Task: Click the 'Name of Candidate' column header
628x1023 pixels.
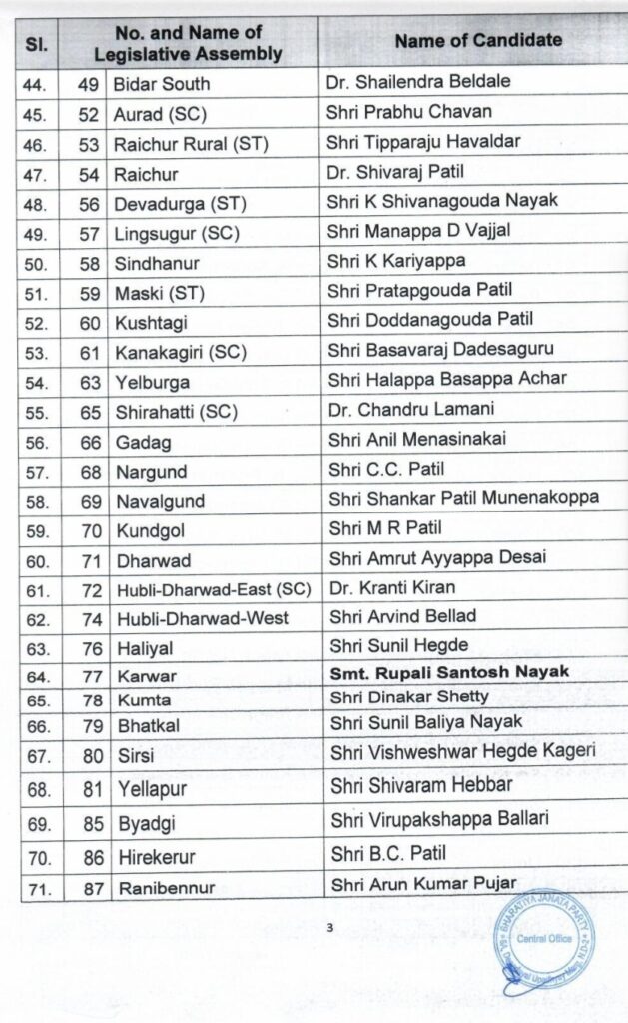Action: tap(478, 40)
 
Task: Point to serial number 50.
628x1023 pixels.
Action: tap(35, 261)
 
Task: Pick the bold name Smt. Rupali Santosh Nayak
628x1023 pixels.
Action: tap(449, 672)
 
